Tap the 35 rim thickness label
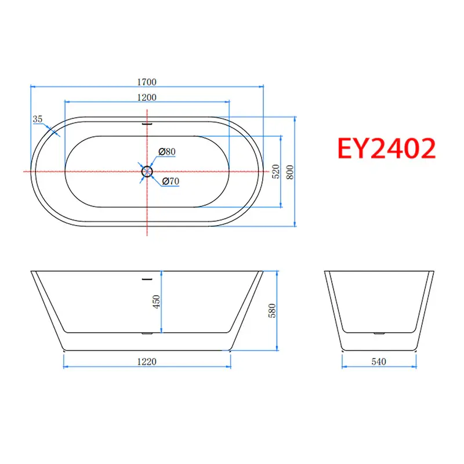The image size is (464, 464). tap(38, 119)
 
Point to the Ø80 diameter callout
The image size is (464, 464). tap(167, 152)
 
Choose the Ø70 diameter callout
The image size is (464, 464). tap(170, 182)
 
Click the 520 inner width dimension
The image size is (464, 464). tap(276, 172)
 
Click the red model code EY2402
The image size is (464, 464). tap(386, 149)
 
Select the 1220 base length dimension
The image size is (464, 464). tap(147, 361)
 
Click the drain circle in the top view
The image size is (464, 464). tap(147, 171)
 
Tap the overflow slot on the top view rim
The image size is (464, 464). tap(147, 123)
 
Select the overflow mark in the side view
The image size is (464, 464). tap(147, 279)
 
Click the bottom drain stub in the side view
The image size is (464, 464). tap(147, 334)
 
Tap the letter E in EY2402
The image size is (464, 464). tap(347, 149)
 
